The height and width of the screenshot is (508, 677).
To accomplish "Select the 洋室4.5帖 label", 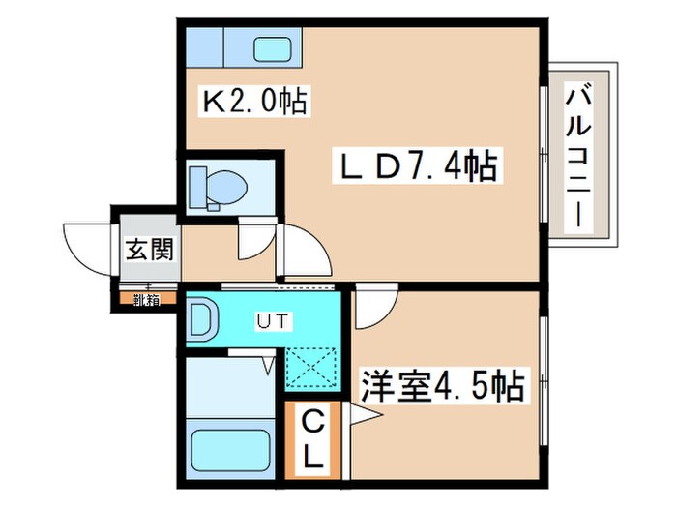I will [x=442, y=387].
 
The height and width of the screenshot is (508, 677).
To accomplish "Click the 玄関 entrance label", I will [x=148, y=250].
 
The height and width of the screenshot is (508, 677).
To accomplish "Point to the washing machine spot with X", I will [x=312, y=370].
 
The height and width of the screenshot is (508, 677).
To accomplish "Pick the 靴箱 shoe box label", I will [x=146, y=300].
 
